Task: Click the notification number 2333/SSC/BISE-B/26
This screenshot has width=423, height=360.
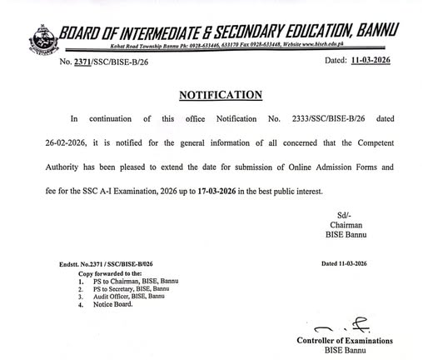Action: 316,119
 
